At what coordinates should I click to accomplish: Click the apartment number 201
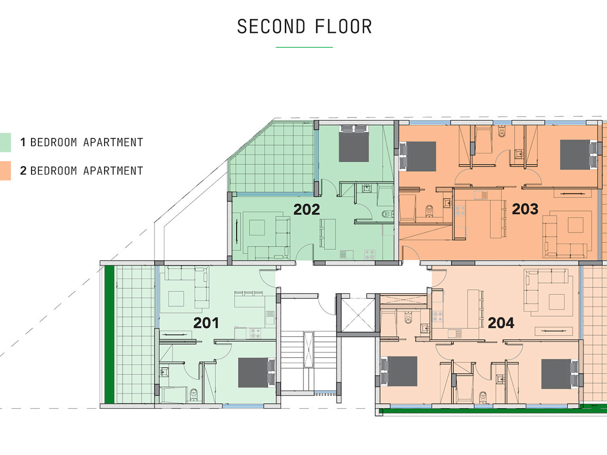click(206, 323)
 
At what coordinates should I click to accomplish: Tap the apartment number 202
click(307, 209)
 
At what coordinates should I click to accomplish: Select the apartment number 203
click(525, 209)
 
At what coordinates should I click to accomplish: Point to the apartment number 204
click(501, 323)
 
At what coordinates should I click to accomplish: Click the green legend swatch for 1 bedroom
click(5, 142)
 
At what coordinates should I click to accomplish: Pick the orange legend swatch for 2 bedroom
click(5, 171)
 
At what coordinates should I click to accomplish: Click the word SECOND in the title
click(271, 26)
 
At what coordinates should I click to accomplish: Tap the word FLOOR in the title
click(343, 26)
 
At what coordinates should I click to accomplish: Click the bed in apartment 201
click(257, 373)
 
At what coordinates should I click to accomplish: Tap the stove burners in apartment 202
click(370, 255)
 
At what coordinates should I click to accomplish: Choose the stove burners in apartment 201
click(255, 333)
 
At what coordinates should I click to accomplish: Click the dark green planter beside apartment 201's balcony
click(109, 334)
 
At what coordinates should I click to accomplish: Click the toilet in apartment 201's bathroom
click(194, 395)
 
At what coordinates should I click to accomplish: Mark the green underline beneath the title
click(304, 47)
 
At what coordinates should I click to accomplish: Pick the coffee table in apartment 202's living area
click(257, 227)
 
